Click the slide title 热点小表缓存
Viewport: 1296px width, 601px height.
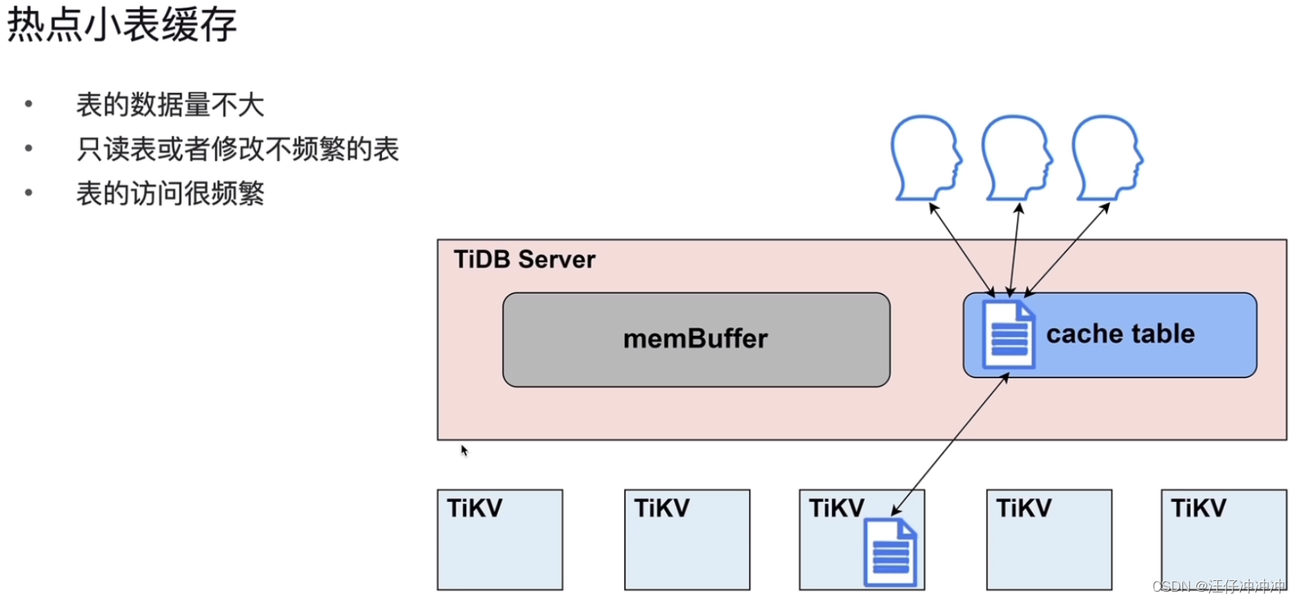pyautogui.click(x=121, y=25)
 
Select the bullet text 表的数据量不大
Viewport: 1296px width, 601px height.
pyautogui.click(x=170, y=104)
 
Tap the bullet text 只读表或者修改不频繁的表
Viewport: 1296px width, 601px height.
pyautogui.click(x=237, y=149)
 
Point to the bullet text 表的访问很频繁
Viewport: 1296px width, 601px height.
pyautogui.click(x=170, y=193)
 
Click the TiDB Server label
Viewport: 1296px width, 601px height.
pyautogui.click(x=524, y=259)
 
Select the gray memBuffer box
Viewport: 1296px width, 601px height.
pyautogui.click(x=696, y=340)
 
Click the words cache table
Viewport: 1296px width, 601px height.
pyautogui.click(x=1120, y=333)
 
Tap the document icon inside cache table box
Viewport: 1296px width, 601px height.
pyautogui.click(x=1008, y=335)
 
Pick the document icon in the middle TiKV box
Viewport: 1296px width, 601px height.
pyautogui.click(x=890, y=552)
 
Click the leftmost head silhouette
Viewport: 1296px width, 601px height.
pyautogui.click(x=925, y=157)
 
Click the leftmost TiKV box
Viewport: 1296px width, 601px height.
pyautogui.click(x=500, y=540)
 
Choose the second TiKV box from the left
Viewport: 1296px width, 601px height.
pyautogui.click(x=687, y=540)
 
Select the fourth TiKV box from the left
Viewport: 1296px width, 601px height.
pyautogui.click(x=1049, y=540)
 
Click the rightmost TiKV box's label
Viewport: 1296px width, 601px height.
pyautogui.click(x=1198, y=508)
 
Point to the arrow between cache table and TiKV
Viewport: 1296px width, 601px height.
pyautogui.click(x=951, y=444)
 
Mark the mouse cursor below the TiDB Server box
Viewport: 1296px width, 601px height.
pyautogui.click(x=464, y=450)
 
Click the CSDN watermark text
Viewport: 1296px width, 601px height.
pyautogui.click(x=1217, y=586)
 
